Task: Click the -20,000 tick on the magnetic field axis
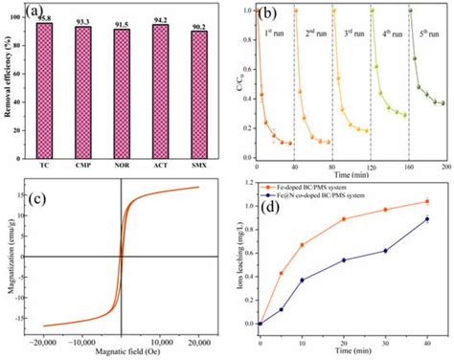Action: coord(43,342)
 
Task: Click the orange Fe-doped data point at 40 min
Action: coord(426,201)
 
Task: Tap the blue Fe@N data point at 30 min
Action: coord(385,251)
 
